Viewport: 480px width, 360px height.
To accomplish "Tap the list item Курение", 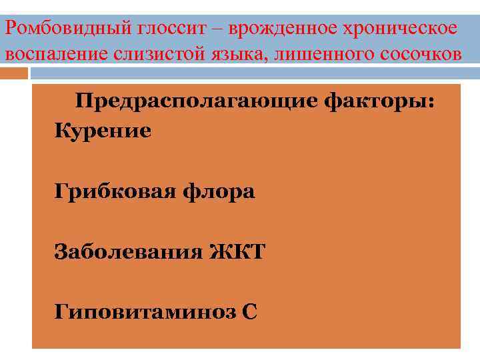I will click(x=103, y=131).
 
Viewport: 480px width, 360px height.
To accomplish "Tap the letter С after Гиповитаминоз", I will click(x=250, y=312).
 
